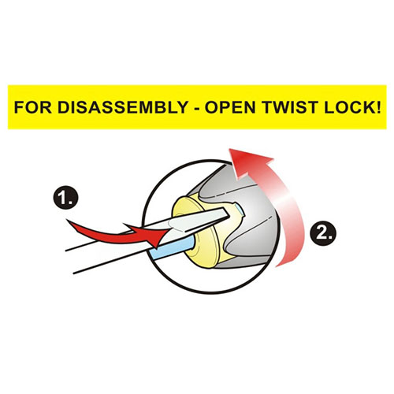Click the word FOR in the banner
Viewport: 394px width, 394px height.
pyautogui.click(x=32, y=107)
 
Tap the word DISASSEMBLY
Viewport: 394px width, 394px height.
pyautogui.click(x=123, y=107)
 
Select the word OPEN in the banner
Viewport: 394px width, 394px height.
pyautogui.click(x=230, y=107)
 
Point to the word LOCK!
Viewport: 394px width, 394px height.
pyautogui.click(x=352, y=107)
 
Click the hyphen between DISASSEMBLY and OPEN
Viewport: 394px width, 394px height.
pyautogui.click(x=196, y=109)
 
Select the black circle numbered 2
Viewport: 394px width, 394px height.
pyautogui.click(x=323, y=233)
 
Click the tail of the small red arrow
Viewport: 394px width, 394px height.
pyautogui.click(x=68, y=221)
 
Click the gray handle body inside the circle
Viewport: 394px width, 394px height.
pyautogui.click(x=252, y=223)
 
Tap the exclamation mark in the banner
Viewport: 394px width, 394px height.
pyautogui.click(x=378, y=107)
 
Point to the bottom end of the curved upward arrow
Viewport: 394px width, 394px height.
pyautogui.click(x=277, y=266)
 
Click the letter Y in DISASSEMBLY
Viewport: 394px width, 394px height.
pyautogui.click(x=181, y=107)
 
